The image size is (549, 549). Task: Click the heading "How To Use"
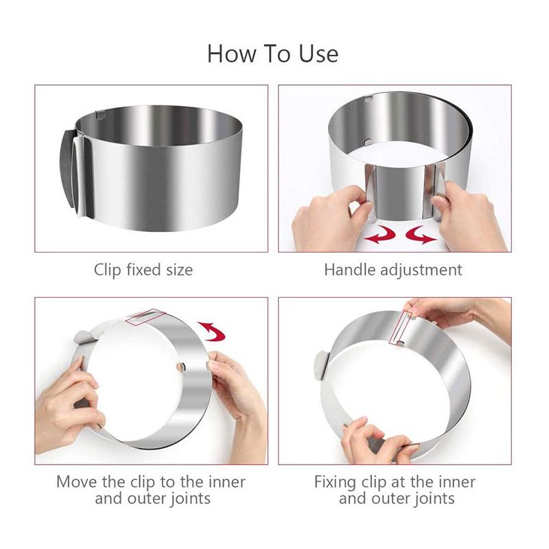click(272, 53)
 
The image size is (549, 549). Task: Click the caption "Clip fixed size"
click(143, 270)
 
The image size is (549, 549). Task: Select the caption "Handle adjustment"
click(393, 270)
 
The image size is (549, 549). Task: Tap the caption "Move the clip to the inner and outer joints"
click(151, 489)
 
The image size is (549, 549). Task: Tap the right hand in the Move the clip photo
click(237, 391)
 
